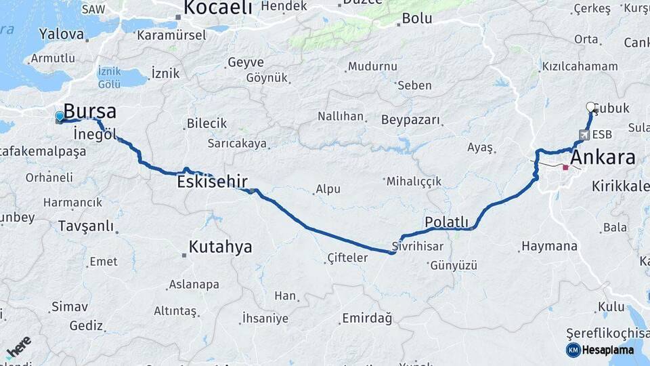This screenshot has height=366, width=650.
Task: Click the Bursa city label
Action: click(x=90, y=112)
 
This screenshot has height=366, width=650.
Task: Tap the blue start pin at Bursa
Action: click(x=60, y=117)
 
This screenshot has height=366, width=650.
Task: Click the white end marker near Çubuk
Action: click(x=590, y=106)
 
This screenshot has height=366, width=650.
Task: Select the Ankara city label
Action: click(x=603, y=158)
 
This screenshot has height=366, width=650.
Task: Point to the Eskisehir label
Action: click(x=212, y=182)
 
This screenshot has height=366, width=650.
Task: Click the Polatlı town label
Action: click(x=446, y=222)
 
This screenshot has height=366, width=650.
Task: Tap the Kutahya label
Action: click(x=220, y=247)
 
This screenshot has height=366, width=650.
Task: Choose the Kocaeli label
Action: click(x=217, y=8)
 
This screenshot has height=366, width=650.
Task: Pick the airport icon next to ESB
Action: click(x=584, y=134)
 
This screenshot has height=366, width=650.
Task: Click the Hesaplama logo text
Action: click(x=608, y=350)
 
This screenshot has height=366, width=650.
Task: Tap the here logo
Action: click(x=18, y=346)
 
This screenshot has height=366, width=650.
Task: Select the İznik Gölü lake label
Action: click(x=109, y=77)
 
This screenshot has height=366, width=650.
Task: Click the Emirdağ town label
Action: click(x=367, y=318)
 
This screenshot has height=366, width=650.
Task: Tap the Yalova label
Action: click(x=62, y=33)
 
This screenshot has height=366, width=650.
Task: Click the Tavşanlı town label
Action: click(x=86, y=226)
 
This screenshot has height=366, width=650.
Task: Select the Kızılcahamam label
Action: click(x=580, y=66)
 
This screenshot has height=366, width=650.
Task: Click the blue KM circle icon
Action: click(x=573, y=350)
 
